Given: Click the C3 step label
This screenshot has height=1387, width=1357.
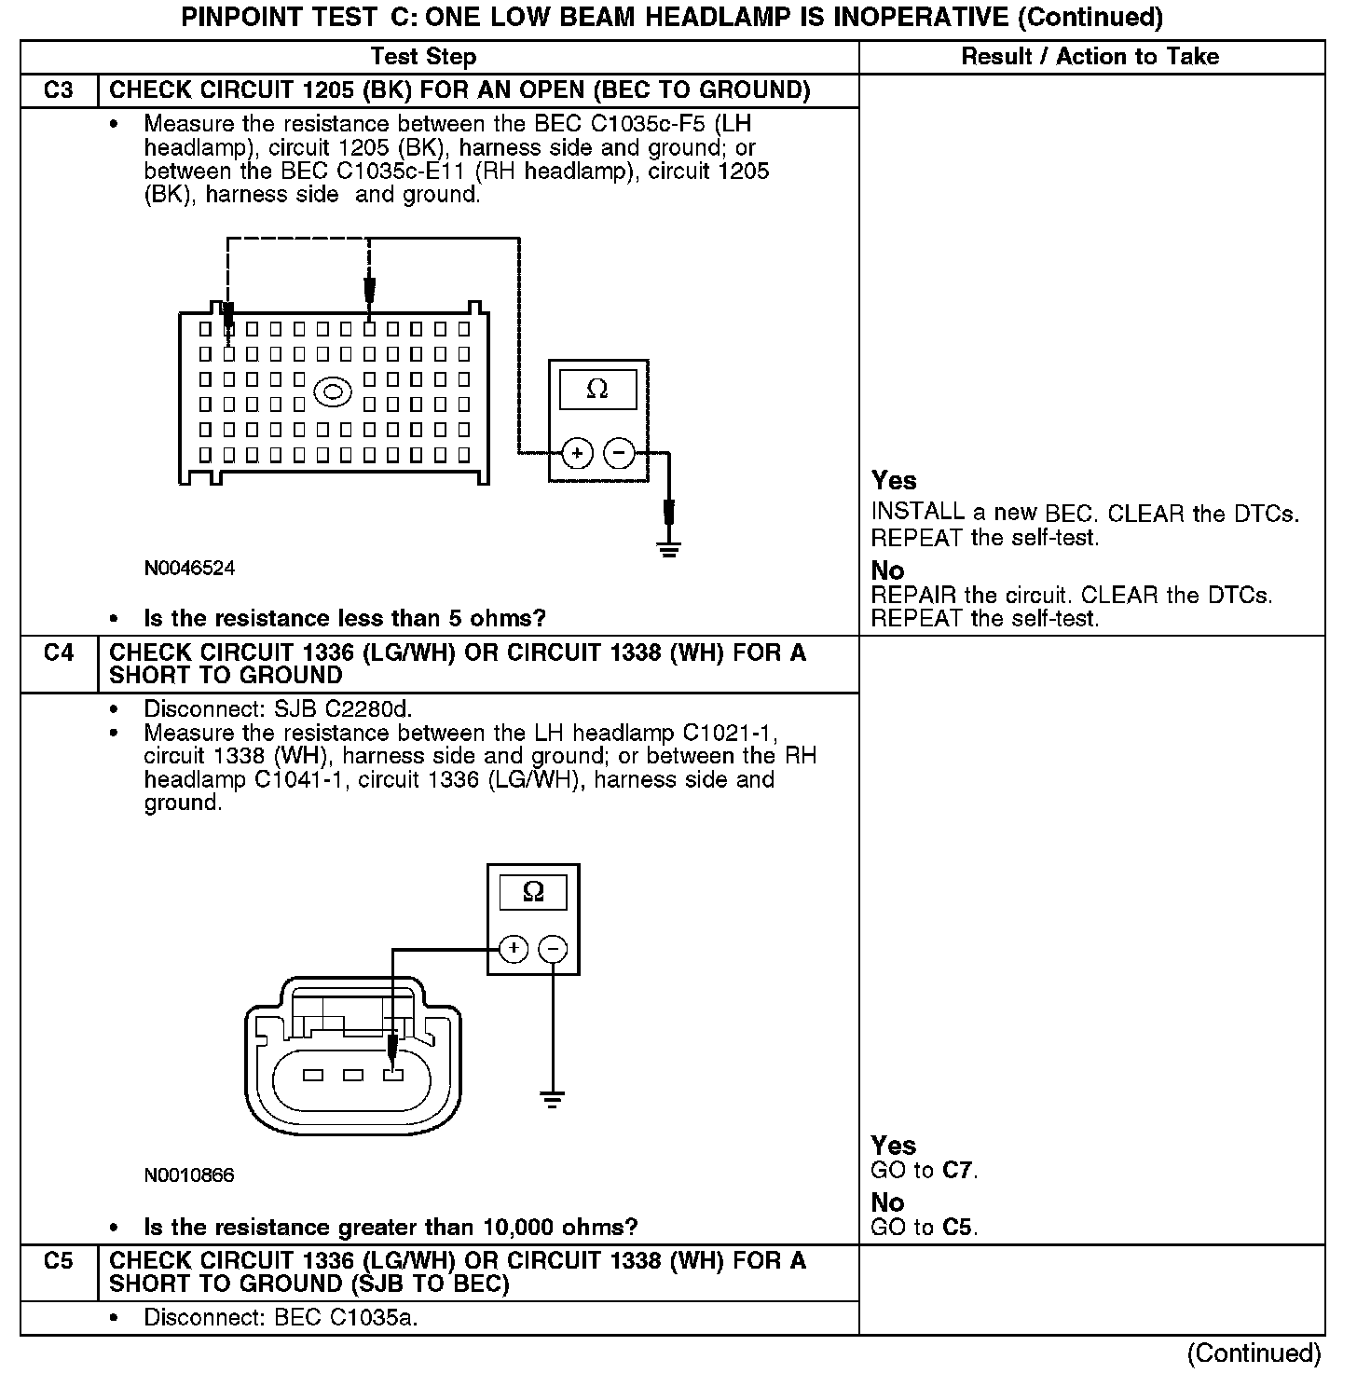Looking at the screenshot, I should click(58, 90).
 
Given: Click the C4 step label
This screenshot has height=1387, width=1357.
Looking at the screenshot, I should click(58, 652).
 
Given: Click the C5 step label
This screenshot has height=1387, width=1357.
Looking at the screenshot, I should click(58, 1260).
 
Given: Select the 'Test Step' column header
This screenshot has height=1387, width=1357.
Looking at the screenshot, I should click(423, 57).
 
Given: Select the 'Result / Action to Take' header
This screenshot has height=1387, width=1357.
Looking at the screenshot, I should click(1090, 57).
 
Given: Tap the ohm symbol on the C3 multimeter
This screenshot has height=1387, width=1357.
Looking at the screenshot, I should click(597, 390).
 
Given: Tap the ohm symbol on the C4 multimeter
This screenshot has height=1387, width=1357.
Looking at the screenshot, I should click(533, 892).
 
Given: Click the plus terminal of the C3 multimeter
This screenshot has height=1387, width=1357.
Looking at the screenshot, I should click(577, 454).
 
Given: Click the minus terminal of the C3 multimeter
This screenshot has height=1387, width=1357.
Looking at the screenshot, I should click(619, 454).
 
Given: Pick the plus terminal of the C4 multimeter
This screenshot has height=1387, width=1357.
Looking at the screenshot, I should click(514, 949).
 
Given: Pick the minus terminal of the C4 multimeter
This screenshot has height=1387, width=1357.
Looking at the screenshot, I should click(554, 949).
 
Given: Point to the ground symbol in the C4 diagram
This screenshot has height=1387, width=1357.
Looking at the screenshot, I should click(553, 1099).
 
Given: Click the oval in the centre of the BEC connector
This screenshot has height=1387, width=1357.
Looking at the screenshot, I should click(333, 391).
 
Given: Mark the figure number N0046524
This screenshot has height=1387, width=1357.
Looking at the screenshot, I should click(189, 568).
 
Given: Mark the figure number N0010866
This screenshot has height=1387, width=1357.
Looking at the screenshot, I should click(189, 1174).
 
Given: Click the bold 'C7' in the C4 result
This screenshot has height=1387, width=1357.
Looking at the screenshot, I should click(958, 1170).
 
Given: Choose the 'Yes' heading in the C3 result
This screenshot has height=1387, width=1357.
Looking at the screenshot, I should click(894, 481).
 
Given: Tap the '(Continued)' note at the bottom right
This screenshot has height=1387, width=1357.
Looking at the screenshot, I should click(1254, 1353).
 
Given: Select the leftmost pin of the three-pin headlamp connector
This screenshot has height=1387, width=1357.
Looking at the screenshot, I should click(313, 1075).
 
